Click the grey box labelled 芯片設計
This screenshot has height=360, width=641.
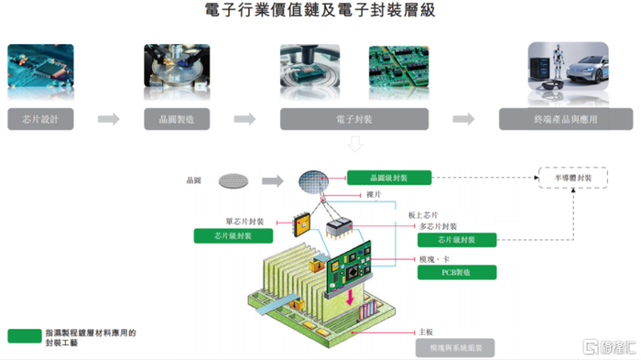pos(41,119)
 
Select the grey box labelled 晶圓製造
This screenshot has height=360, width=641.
pos(177,119)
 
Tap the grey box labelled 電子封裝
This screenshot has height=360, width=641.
pos(354,119)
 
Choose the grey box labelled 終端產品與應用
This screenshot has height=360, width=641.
pos(565,119)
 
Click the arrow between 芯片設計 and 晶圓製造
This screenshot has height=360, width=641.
pos(109,119)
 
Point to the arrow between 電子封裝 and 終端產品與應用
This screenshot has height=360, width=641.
pos(463,119)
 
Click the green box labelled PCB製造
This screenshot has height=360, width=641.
pos(456,272)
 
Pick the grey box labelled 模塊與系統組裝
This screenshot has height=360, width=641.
pos(456,347)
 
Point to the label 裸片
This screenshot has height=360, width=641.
pos(373,194)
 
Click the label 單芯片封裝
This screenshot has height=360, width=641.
pos(244,221)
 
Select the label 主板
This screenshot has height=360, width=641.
pos(425,332)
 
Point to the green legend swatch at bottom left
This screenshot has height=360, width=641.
pos(25,336)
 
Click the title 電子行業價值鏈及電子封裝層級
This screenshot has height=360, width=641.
pos(320,12)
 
